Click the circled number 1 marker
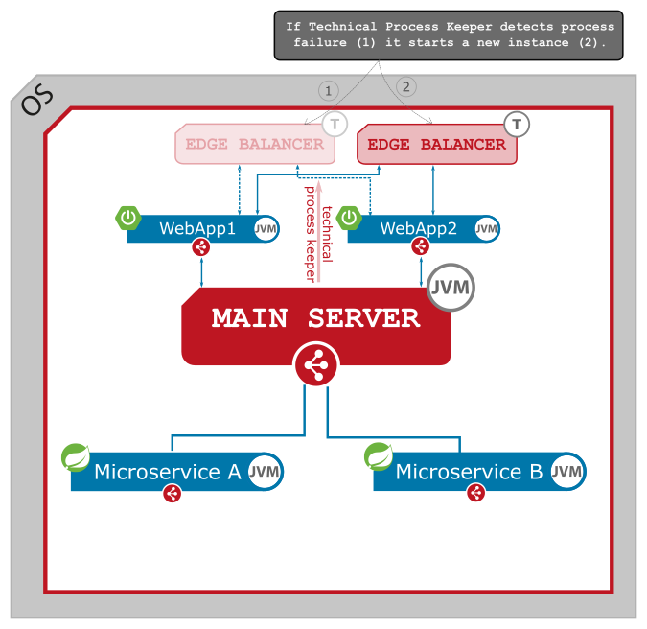tap(329, 91)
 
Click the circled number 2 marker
tap(405, 87)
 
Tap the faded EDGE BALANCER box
tap(254, 145)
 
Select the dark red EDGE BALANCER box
tap(436, 145)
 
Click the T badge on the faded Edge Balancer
tap(335, 124)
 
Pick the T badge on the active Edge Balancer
tap(517, 124)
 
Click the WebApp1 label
tap(196, 228)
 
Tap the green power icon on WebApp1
tap(128, 218)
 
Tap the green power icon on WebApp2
tap(350, 218)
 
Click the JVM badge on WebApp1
tap(266, 229)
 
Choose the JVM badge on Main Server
tap(451, 288)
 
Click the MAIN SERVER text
tap(315, 318)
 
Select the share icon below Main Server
tap(315, 364)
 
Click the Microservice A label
tap(167, 472)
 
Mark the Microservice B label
tap(469, 472)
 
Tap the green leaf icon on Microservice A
tap(76, 457)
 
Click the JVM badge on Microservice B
tap(566, 471)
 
